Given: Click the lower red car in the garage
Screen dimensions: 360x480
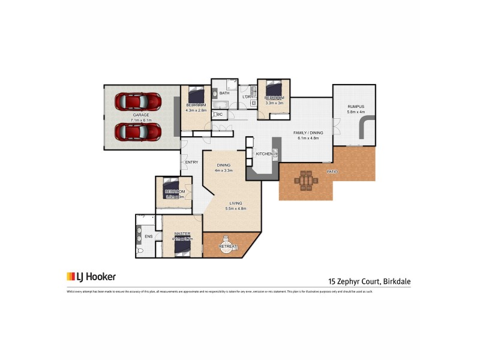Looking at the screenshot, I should [138, 131].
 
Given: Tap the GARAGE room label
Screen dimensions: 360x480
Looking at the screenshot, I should [142, 115].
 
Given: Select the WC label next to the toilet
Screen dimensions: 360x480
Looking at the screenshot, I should [219, 114].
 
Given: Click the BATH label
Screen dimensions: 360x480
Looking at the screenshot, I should [224, 94].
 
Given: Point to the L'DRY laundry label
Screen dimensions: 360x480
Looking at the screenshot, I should [247, 97].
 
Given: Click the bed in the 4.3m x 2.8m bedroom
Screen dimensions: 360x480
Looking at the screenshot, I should [196, 95].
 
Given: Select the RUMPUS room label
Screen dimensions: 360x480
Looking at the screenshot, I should [356, 107].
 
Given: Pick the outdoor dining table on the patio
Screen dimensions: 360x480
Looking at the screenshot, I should [306, 180].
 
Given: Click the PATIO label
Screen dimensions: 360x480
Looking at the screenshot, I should [332, 172].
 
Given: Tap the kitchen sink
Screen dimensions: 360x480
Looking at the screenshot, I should [275, 154].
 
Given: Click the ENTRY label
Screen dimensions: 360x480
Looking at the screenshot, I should [192, 162].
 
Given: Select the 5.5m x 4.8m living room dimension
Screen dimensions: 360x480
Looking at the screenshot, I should [236, 209].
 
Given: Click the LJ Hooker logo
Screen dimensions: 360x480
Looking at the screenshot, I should [91, 277].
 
